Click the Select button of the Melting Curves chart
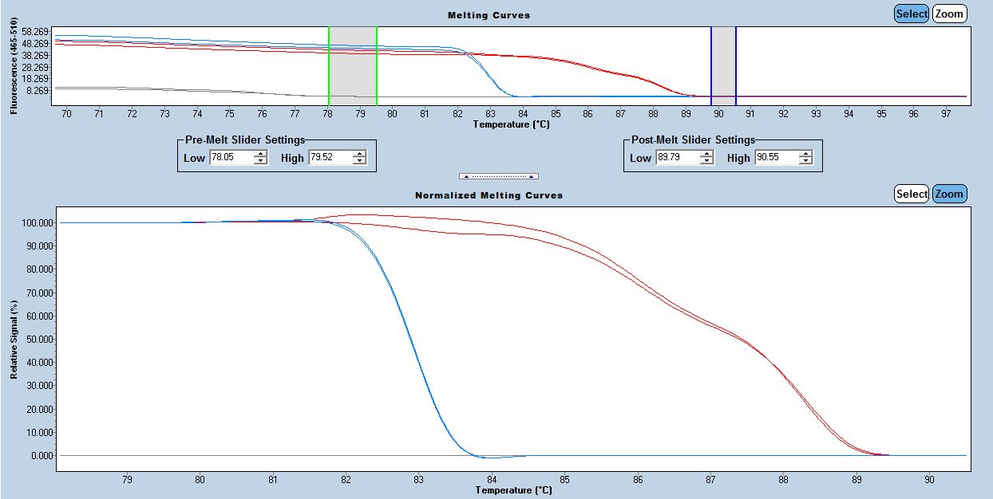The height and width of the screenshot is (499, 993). point(911,14)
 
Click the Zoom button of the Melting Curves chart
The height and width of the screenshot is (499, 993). point(949,14)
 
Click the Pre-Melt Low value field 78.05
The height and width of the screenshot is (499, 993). point(230,158)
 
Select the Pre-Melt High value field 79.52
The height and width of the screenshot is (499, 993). point(330,158)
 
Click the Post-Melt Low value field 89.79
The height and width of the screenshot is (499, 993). point(676,158)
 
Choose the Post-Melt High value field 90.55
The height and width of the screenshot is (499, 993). point(776,158)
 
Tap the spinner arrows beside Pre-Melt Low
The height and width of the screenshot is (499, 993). point(260,158)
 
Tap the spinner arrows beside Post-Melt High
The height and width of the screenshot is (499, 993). point(806,158)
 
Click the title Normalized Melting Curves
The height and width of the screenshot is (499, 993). point(489,195)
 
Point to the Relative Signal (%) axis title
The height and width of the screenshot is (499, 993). point(14,339)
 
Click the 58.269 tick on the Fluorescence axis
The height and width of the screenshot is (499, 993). point(36,31)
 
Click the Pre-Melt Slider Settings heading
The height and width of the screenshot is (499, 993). point(244,140)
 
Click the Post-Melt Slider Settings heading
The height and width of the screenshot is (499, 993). point(693,140)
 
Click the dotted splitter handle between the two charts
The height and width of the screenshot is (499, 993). point(498,176)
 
